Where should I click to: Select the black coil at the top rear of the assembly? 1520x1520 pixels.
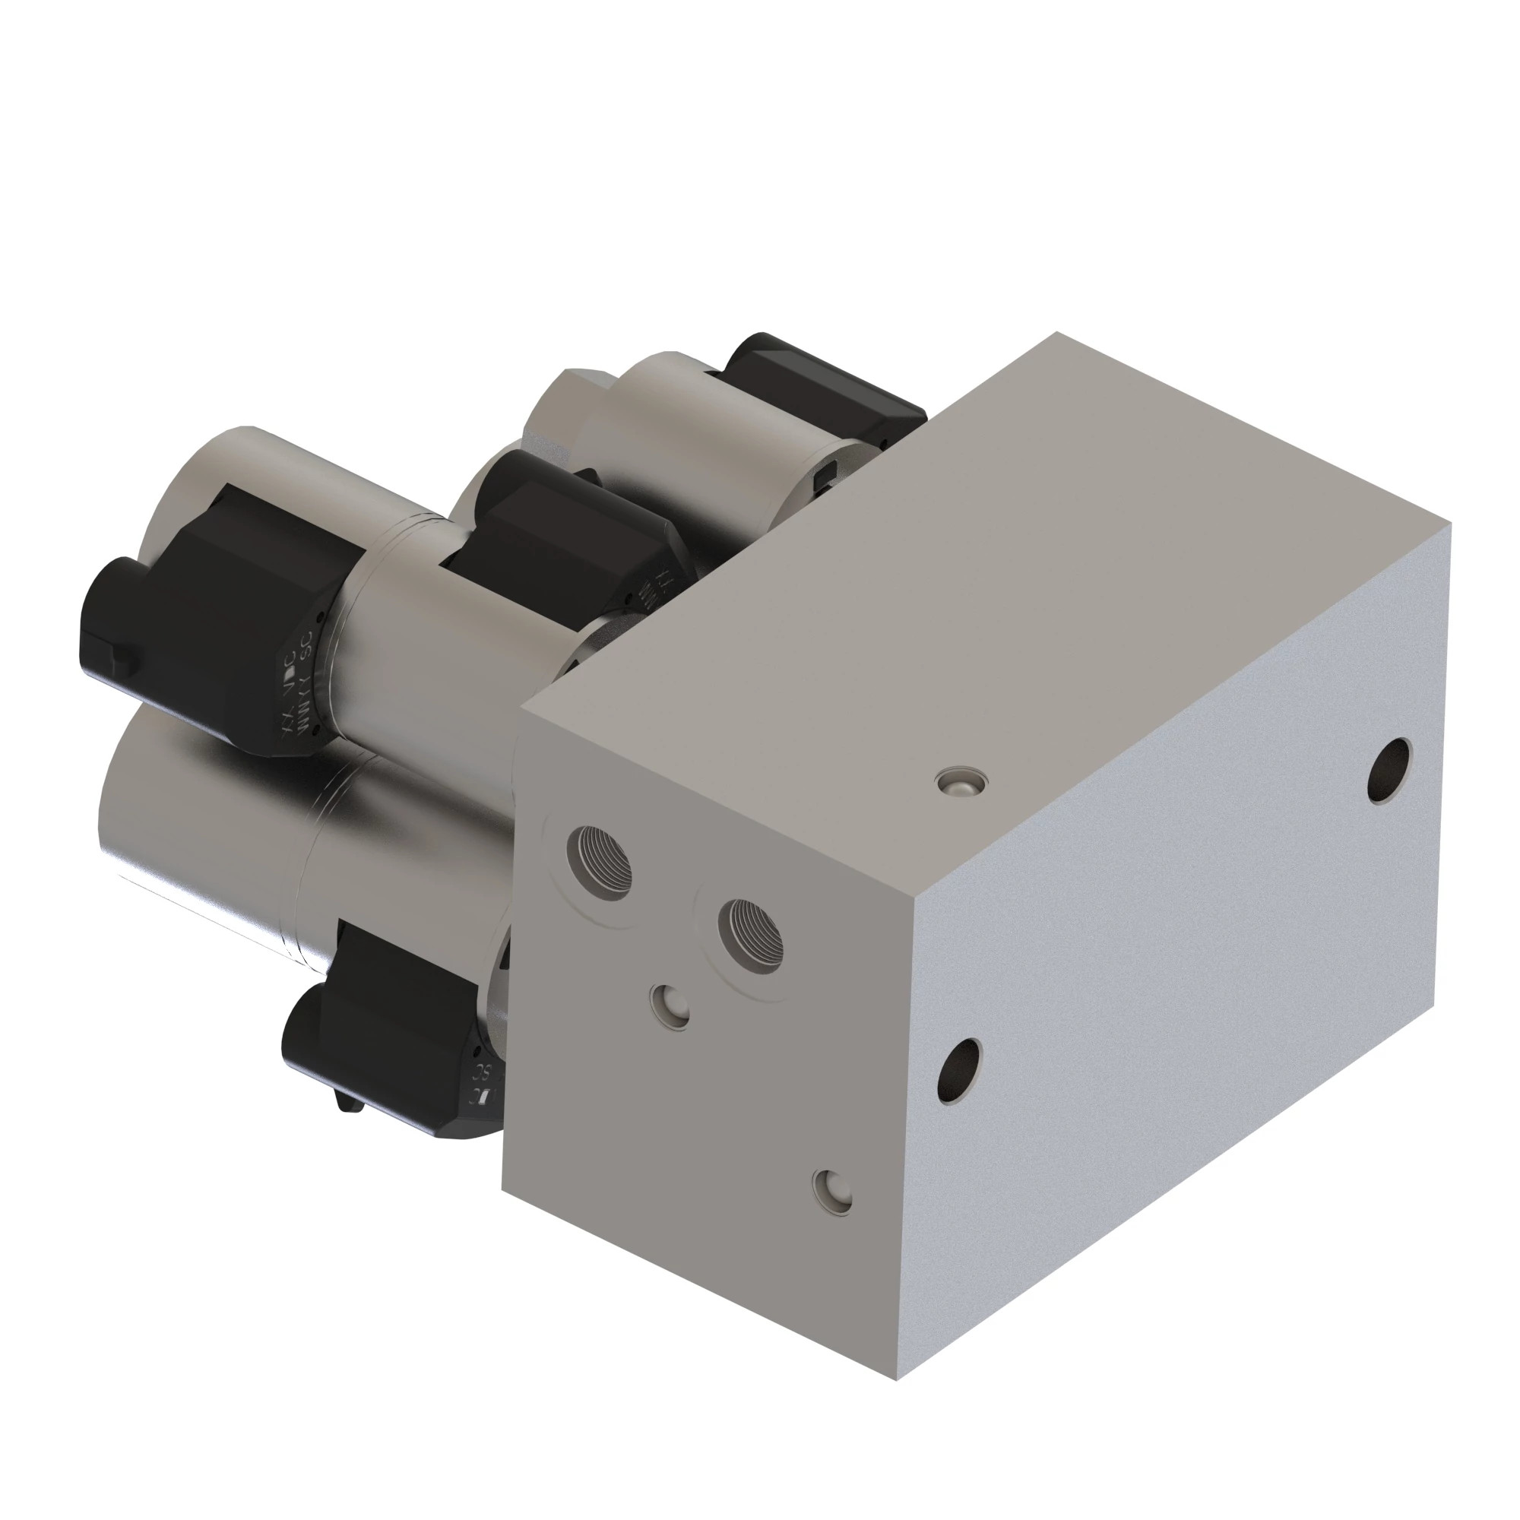(x=819, y=385)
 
